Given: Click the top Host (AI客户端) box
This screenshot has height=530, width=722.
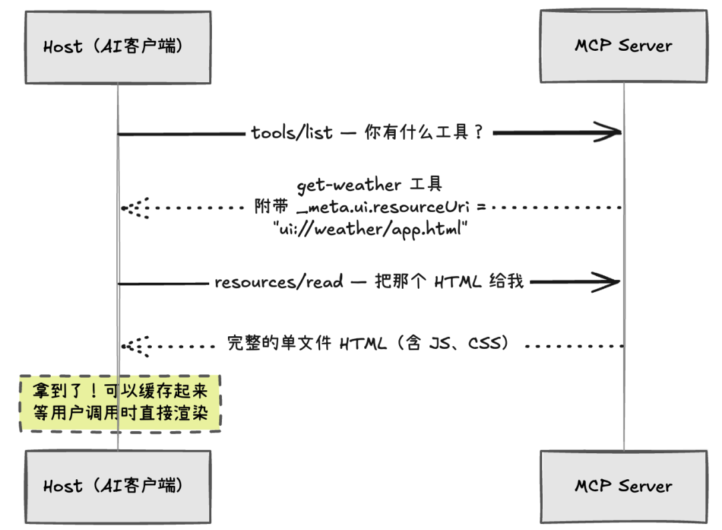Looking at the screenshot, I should (118, 47).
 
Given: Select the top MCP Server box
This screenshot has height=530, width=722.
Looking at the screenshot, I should (623, 46).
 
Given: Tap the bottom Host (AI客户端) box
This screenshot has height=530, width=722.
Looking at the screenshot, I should (118, 486).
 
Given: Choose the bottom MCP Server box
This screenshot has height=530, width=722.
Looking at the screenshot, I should (623, 486).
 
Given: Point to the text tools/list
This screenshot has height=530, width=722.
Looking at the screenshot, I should (292, 133).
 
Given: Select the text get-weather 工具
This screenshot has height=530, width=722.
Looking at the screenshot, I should (370, 185).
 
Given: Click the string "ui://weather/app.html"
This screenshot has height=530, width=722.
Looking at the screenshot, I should (370, 229).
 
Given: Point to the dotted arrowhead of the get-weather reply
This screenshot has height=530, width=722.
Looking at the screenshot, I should (136, 208).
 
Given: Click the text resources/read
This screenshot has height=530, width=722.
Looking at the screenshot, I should (279, 283).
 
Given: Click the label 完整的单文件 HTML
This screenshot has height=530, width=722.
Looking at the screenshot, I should (306, 345).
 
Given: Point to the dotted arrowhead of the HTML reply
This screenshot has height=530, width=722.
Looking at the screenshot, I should (136, 346).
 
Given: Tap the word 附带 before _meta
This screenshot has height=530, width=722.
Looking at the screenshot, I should (271, 207).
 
